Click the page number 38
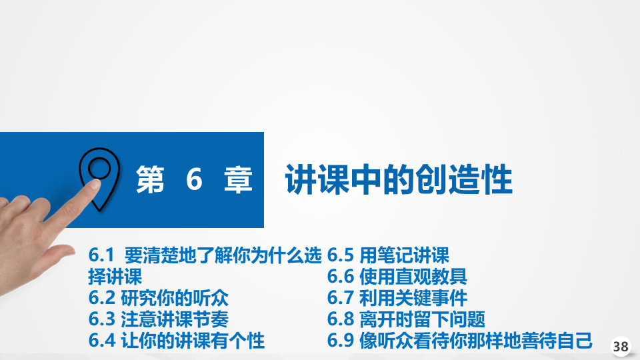[x=621, y=347]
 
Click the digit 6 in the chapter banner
[x=194, y=179]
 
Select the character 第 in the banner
[x=150, y=179]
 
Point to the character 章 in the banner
[x=238, y=179]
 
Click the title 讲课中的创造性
[x=399, y=179]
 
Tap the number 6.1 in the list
[x=101, y=255]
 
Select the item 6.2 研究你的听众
[x=159, y=298]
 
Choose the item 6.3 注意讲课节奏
[x=159, y=319]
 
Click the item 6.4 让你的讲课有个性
[x=176, y=341]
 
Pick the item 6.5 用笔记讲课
[x=388, y=255]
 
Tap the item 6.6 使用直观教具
[x=397, y=277]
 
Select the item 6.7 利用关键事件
[x=397, y=298]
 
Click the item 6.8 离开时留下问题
[x=406, y=319]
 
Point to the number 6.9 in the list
[x=339, y=341]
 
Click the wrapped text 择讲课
[x=115, y=277]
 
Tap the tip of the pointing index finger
[x=95, y=183]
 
